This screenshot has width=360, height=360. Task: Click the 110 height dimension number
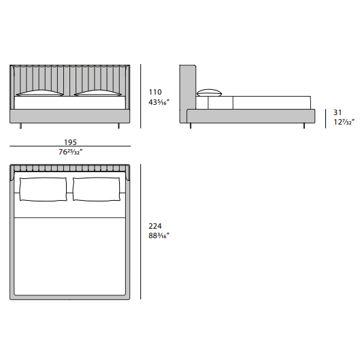155,92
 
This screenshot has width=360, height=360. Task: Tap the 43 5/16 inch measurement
159,102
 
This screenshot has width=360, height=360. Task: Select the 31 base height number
338,112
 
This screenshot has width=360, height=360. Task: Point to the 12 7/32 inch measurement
344,122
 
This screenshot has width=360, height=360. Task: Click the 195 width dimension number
70,142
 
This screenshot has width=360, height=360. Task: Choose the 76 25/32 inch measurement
71,152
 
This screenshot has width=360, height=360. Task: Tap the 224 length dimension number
155,226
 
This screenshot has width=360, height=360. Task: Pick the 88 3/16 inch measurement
159,235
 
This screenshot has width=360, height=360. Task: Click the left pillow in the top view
44,189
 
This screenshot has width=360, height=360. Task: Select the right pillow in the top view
97,189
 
